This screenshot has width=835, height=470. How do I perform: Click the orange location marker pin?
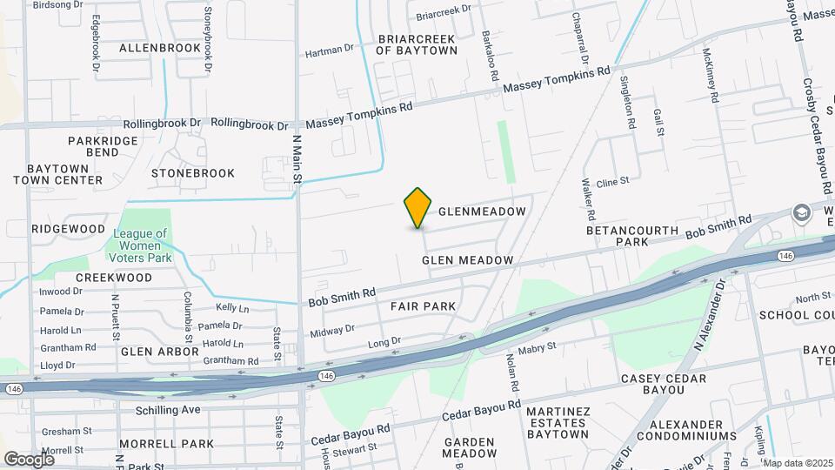[x=418, y=207]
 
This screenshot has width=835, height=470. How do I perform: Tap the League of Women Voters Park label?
[x=140, y=245]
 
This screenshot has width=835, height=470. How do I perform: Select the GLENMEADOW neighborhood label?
[x=482, y=211]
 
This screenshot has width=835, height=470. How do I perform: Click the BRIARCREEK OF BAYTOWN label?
[x=417, y=44]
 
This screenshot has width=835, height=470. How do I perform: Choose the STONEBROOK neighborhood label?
[x=193, y=173]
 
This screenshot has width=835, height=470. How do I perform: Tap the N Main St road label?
[x=297, y=158]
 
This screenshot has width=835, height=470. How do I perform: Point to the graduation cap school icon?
[x=800, y=213]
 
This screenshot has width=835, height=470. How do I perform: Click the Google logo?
[x=29, y=459]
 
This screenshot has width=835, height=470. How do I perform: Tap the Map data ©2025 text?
[x=798, y=463]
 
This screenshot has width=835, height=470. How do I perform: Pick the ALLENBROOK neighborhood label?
[x=160, y=48]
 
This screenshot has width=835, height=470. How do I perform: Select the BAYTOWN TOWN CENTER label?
[x=64, y=173]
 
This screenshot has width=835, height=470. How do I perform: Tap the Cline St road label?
[x=612, y=182]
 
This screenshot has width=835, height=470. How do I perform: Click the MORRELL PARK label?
[x=166, y=443]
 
